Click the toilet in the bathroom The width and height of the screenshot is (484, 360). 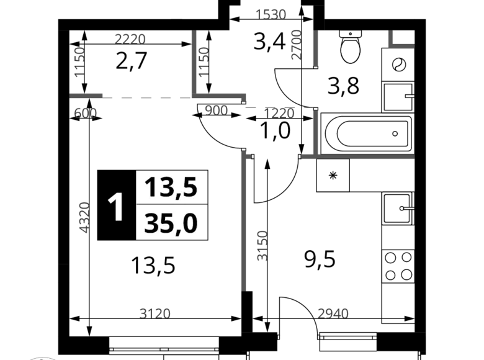[351, 47]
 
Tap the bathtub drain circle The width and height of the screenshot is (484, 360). [395, 133]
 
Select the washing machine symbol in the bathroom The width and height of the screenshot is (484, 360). [398, 65]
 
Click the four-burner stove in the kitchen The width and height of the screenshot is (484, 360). [398, 266]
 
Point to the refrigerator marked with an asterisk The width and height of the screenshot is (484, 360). [333, 176]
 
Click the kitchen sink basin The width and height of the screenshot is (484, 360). [398, 209]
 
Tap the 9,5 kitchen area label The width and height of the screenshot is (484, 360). [320, 259]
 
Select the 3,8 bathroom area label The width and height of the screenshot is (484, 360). [344, 86]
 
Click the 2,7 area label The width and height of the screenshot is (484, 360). [131, 60]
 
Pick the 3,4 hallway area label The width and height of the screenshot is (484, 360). [269, 42]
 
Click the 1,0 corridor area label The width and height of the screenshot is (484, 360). [276, 130]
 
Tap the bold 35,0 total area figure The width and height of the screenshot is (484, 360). [171, 223]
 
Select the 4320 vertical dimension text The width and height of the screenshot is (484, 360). [84, 217]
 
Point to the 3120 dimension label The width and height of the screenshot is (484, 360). [155, 313]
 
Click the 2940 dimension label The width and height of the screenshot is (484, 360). [333, 313]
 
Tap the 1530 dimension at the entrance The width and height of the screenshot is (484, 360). [271, 14]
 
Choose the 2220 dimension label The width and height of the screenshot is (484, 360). [130, 39]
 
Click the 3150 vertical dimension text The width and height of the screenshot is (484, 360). [262, 246]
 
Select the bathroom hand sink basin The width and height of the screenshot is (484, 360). [398, 97]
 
